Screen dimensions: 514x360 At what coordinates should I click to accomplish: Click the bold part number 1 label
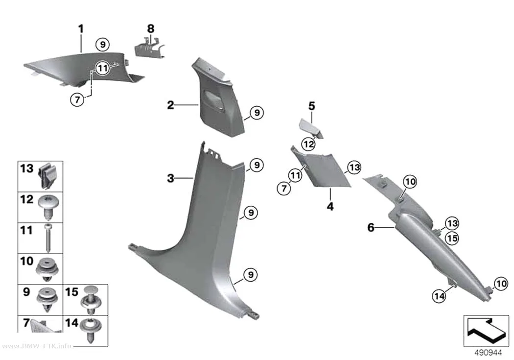coord(81,29)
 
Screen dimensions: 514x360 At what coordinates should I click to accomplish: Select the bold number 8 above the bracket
coord(150,29)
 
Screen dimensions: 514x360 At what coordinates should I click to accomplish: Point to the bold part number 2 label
coord(170,105)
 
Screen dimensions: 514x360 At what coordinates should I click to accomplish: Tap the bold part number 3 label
coord(170,178)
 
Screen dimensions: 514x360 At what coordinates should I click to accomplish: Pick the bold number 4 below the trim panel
coord(330,207)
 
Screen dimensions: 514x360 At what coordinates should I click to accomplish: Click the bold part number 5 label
coord(312,106)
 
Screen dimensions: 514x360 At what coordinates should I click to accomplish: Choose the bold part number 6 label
coord(371,227)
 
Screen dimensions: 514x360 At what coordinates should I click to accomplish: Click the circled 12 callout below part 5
coord(308,144)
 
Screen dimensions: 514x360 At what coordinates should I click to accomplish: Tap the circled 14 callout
coord(439,296)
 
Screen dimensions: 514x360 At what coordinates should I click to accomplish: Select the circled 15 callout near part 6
coord(452,239)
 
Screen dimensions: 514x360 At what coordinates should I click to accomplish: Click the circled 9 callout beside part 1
coord(103,44)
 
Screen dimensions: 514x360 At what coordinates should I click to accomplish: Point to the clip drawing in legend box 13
coord(48,176)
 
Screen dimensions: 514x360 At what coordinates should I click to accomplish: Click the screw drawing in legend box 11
coord(48,238)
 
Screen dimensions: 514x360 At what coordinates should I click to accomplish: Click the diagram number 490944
coord(489,353)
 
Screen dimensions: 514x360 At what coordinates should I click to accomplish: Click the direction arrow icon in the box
coord(485,331)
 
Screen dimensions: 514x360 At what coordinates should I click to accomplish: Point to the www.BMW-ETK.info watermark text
coord(36,346)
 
